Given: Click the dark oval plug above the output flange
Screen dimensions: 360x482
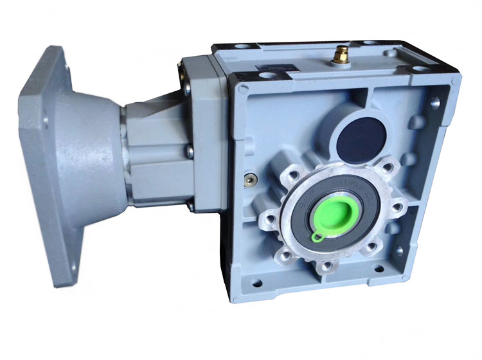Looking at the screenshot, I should coord(359,137).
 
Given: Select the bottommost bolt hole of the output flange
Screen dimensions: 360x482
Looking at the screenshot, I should coord(328,264).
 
